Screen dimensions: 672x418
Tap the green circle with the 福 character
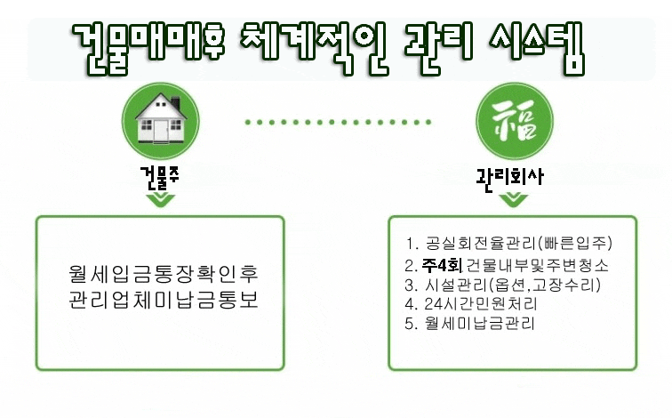click(x=515, y=121)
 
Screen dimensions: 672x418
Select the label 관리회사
click(x=510, y=178)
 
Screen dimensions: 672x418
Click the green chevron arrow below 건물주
click(x=160, y=200)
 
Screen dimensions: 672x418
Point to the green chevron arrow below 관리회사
click(x=514, y=200)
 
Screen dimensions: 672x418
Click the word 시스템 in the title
click(x=537, y=48)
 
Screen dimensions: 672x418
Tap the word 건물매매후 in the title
click(x=148, y=48)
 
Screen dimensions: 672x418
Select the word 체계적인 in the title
click(x=315, y=48)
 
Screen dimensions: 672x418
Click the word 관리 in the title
click(x=438, y=48)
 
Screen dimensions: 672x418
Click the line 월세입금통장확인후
click(x=164, y=274)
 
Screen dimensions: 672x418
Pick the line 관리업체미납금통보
click(x=164, y=299)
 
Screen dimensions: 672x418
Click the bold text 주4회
click(x=442, y=266)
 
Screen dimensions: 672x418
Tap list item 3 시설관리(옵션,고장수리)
click(x=503, y=285)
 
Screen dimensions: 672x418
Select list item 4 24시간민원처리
click(x=471, y=304)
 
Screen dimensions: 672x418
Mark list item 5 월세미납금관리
click(x=469, y=323)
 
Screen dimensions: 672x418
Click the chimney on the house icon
click(x=175, y=103)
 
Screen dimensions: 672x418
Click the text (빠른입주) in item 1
click(x=576, y=243)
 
